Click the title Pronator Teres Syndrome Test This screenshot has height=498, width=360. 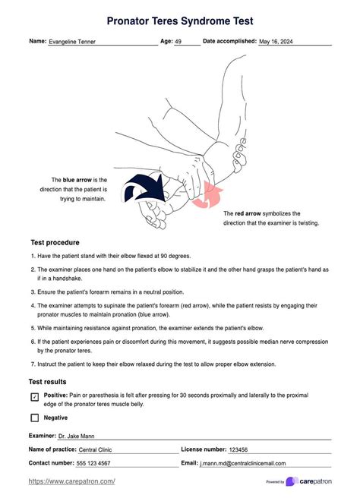pos(179,20)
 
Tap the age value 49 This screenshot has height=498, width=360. pos(178,43)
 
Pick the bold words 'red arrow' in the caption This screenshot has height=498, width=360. pos(249,214)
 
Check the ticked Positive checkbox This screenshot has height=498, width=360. pos(34,397)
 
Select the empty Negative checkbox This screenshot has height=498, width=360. pos(34,418)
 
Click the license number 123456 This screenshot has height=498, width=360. pos(242,450)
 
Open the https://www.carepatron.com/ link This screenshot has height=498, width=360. pos(71,481)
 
